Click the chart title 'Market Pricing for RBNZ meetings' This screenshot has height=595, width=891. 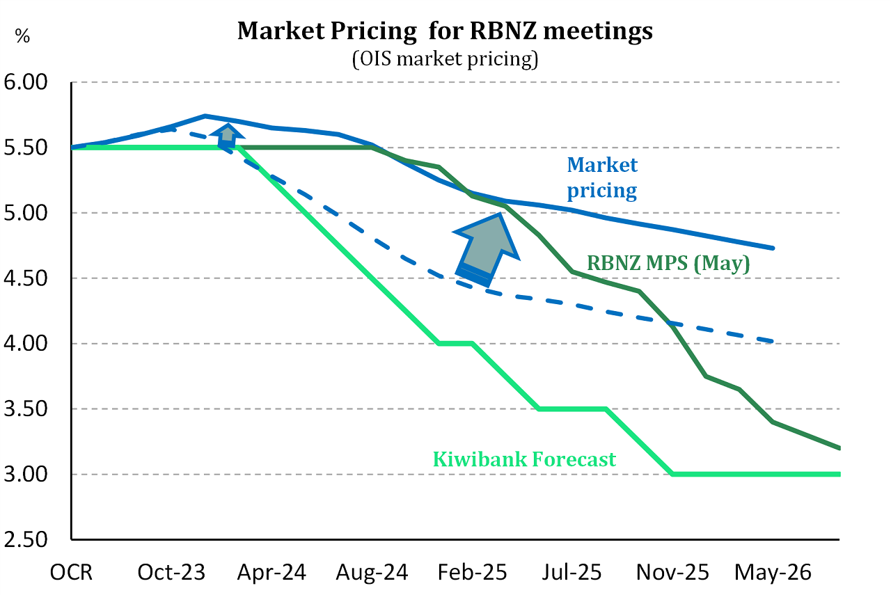[x=445, y=31]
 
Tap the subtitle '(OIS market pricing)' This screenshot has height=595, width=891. [x=445, y=58]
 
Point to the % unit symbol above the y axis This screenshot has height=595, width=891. [x=23, y=36]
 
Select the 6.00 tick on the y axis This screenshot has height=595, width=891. [x=26, y=82]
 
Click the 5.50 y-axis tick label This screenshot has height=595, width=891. [x=26, y=148]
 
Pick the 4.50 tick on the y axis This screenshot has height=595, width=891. [x=26, y=278]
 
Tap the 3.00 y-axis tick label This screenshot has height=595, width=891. [x=26, y=475]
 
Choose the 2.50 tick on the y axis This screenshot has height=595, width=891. [x=26, y=540]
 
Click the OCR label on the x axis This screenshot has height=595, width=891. [x=71, y=573]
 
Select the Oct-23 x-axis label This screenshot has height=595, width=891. [x=171, y=573]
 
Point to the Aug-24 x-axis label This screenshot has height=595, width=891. [x=372, y=573]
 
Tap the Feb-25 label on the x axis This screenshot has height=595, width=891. [x=472, y=573]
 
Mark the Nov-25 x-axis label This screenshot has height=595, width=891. [x=672, y=573]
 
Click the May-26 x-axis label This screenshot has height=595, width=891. [x=773, y=573]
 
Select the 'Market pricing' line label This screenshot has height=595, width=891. [x=602, y=177]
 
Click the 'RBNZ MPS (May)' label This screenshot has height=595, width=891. [x=668, y=263]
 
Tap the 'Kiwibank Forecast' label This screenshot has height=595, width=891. [x=524, y=459]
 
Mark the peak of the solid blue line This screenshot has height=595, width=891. [x=205, y=116]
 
